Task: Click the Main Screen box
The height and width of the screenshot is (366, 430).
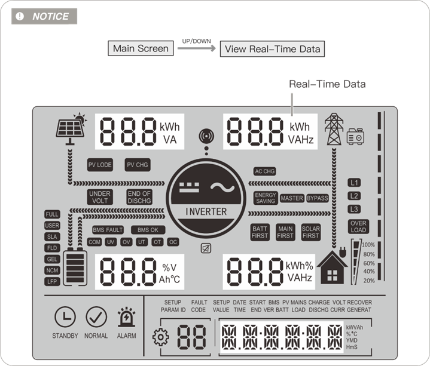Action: click(141, 48)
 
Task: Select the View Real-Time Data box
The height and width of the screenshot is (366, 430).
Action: click(272, 49)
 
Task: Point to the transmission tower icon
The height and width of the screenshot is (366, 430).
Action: click(333, 130)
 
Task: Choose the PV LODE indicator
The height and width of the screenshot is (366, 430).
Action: click(100, 165)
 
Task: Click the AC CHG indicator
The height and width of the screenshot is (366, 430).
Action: click(265, 171)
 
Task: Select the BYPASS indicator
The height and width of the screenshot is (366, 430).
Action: click(318, 198)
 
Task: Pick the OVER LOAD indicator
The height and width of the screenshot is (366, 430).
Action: click(359, 227)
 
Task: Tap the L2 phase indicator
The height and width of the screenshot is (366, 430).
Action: click(355, 196)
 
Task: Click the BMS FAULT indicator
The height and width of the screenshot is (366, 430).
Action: click(108, 230)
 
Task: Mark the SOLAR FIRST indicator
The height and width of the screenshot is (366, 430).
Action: click(311, 232)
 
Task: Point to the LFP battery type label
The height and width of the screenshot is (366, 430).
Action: click(53, 281)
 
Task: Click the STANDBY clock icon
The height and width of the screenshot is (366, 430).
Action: click(65, 317)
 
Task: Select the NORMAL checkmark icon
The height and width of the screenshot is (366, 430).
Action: click(96, 317)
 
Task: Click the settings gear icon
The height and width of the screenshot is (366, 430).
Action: click(161, 337)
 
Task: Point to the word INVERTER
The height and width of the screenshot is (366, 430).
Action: click(206, 211)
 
